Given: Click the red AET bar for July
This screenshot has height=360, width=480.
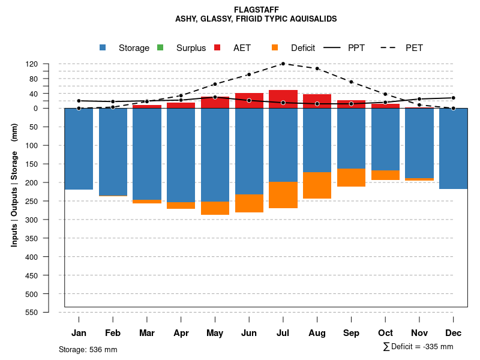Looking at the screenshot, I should click(283, 99).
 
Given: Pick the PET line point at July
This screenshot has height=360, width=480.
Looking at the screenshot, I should click(283, 64).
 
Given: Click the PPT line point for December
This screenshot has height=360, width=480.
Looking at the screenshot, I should click(454, 98).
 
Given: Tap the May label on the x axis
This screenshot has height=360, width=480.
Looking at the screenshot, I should click(215, 333).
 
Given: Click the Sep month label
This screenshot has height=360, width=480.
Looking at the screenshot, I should click(352, 333).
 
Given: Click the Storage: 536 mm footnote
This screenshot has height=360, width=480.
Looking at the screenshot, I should click(88, 349).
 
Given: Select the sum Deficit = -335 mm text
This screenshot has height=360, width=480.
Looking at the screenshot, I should click(418, 347).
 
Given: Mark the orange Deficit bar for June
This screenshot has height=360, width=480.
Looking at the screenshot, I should click(249, 203).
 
